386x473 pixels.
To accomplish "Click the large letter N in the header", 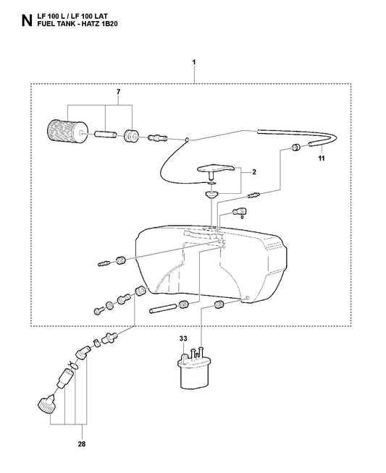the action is [x=27, y=20].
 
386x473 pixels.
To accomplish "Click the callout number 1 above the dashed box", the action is [x=194, y=62].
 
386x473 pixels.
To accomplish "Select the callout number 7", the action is [x=118, y=91].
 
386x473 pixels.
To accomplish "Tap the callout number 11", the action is [x=322, y=158].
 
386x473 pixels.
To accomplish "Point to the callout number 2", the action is [x=254, y=172].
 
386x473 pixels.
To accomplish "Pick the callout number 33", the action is [x=183, y=338].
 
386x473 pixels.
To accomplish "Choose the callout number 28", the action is [x=82, y=444].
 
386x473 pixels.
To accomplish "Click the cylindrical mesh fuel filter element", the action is [x=67, y=133].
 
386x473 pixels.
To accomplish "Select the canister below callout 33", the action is [x=193, y=371].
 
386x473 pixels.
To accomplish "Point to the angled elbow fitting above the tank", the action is [x=240, y=212].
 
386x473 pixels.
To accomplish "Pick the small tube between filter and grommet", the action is [x=106, y=135].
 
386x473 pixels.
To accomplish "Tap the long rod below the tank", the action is [x=163, y=310].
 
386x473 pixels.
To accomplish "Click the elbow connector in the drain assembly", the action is [x=83, y=351].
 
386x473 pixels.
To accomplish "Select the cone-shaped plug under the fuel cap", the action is [x=211, y=195].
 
